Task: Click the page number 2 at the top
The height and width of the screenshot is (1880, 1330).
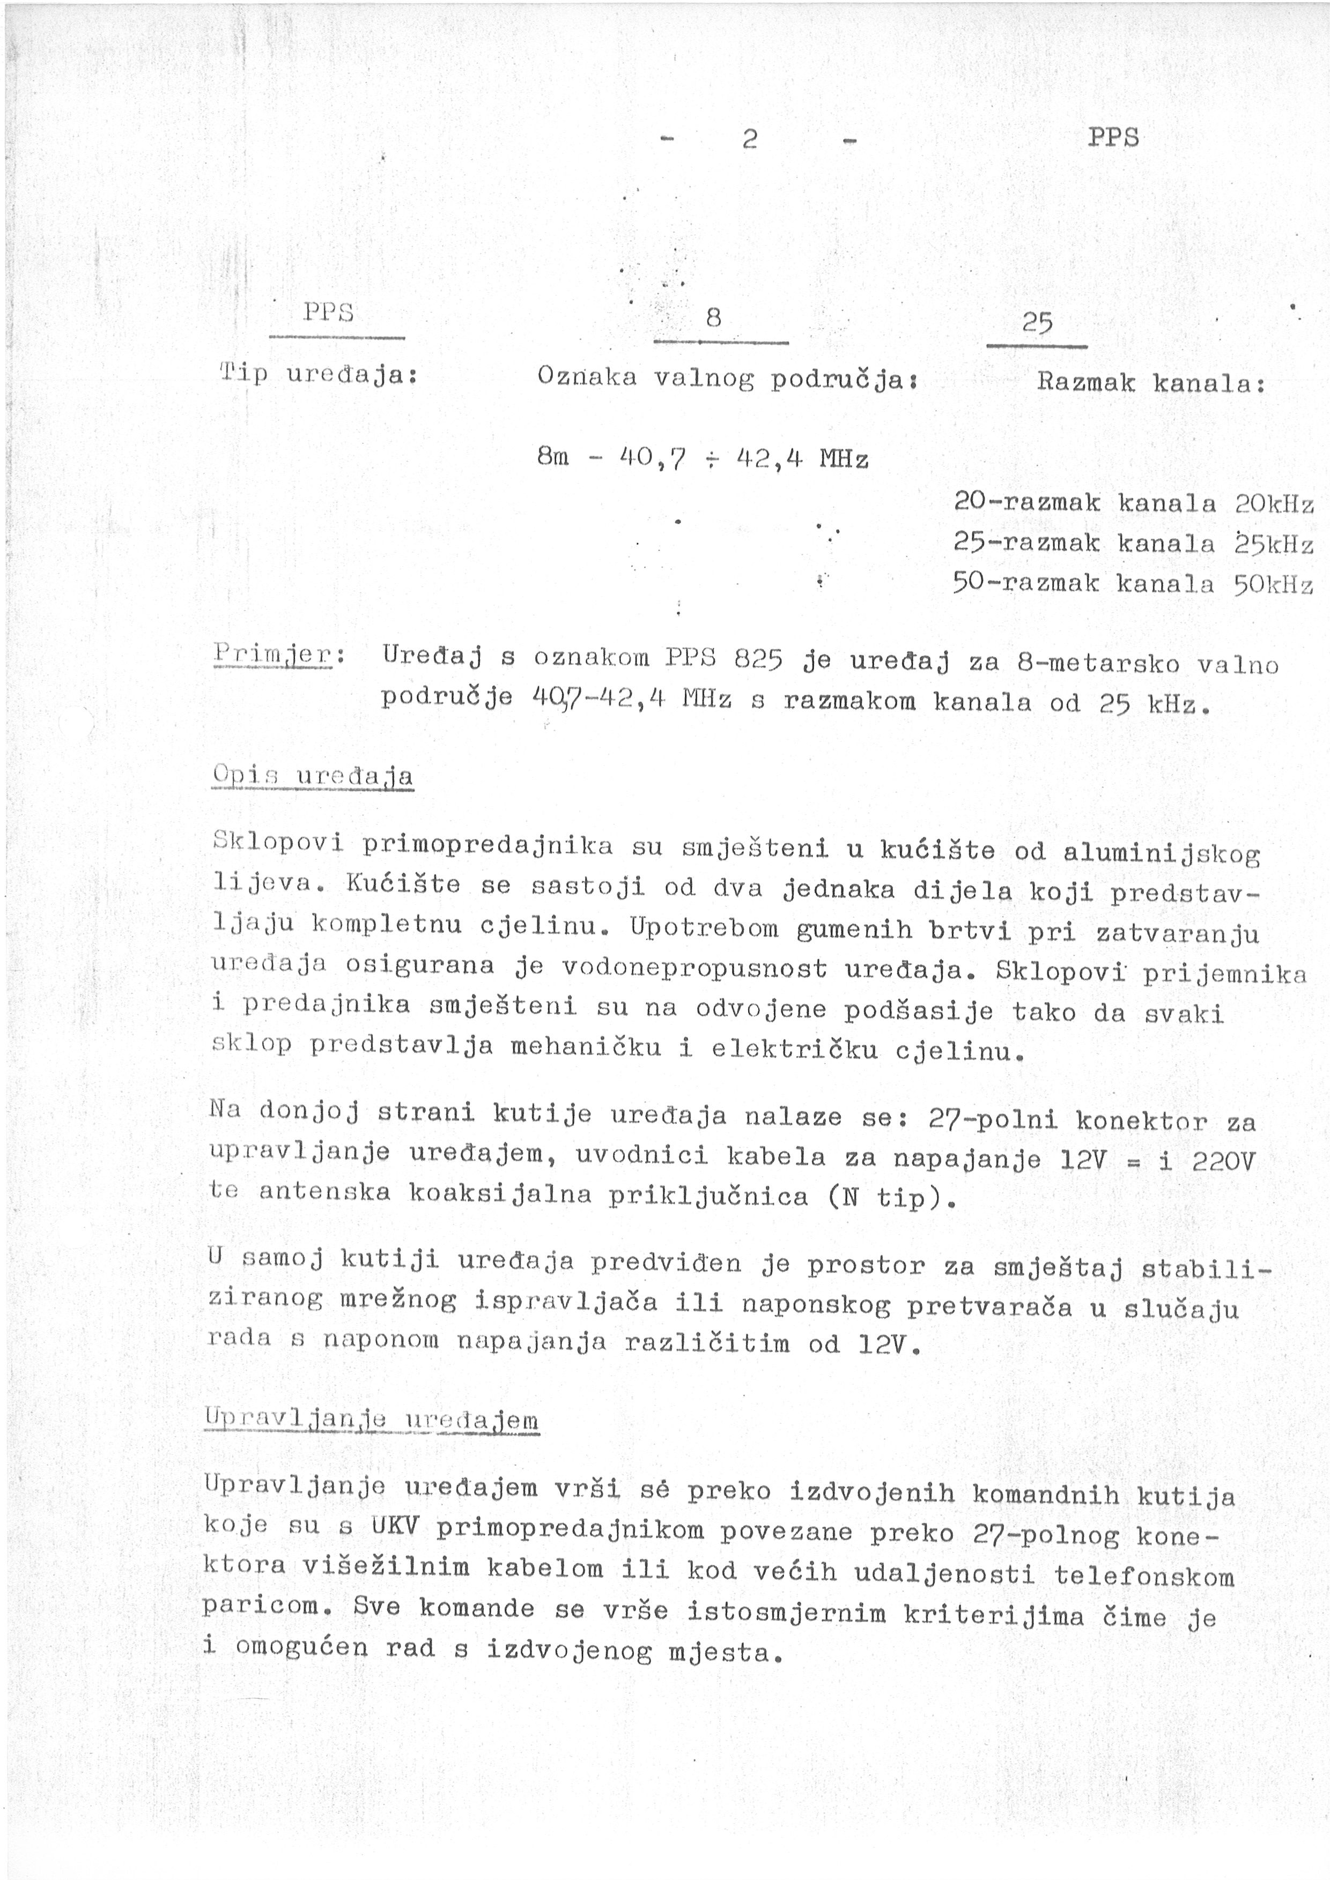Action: [749, 139]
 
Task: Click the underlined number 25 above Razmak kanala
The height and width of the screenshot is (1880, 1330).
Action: [1037, 324]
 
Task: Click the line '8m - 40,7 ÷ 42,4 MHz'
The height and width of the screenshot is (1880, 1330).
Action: [702, 458]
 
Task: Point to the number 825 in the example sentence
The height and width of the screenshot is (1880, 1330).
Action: [758, 658]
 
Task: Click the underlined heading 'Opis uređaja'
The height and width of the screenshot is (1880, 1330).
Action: [312, 775]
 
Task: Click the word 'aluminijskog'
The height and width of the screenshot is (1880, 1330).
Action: [1161, 853]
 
